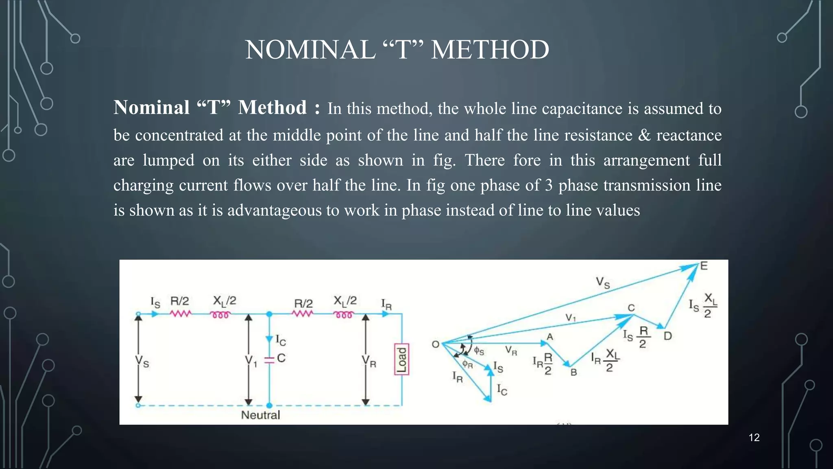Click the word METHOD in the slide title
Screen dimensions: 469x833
click(x=490, y=50)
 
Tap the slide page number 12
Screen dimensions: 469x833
click(x=754, y=438)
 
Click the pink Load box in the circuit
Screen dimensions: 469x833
click(x=401, y=359)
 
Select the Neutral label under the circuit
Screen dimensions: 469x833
click(x=260, y=415)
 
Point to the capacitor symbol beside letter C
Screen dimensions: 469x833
click(x=269, y=359)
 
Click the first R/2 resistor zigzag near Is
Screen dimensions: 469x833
click(x=180, y=314)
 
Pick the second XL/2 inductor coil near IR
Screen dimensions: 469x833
click(x=344, y=315)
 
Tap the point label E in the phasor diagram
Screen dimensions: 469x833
click(x=704, y=266)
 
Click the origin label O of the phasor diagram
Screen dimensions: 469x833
click(x=435, y=344)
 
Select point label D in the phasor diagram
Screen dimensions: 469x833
click(x=667, y=336)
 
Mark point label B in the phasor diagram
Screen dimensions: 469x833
click(x=574, y=372)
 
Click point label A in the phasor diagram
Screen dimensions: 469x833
click(x=550, y=337)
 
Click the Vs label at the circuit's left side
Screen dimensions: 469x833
click(x=142, y=361)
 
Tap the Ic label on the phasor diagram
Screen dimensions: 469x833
click(x=502, y=390)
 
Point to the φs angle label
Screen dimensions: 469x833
click(x=479, y=351)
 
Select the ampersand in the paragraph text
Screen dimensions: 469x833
click(x=644, y=135)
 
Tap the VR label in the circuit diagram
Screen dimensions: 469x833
click(x=369, y=361)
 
